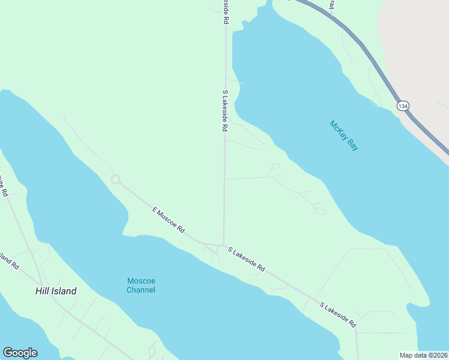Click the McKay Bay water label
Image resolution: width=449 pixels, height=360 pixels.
[x=344, y=136]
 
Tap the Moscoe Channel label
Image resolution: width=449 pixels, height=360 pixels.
[x=141, y=286]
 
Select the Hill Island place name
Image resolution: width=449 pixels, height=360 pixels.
[x=55, y=291]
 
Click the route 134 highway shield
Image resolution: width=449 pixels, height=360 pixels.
[x=402, y=106]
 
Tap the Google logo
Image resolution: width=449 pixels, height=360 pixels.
[x=20, y=353]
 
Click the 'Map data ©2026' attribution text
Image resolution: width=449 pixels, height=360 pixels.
[x=423, y=355]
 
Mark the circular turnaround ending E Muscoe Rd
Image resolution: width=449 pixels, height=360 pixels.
[x=115, y=179]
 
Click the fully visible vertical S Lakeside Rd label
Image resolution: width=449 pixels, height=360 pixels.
[x=225, y=111]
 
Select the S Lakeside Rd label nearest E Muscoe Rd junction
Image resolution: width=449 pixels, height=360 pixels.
[x=246, y=259]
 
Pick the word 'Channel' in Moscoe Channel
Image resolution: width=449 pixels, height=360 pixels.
[x=141, y=290]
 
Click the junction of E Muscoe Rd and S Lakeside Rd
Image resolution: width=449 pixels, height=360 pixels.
[x=223, y=245]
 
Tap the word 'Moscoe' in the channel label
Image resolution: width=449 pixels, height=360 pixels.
[x=141, y=281]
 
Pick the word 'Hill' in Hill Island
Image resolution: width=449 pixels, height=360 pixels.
[x=41, y=291]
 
